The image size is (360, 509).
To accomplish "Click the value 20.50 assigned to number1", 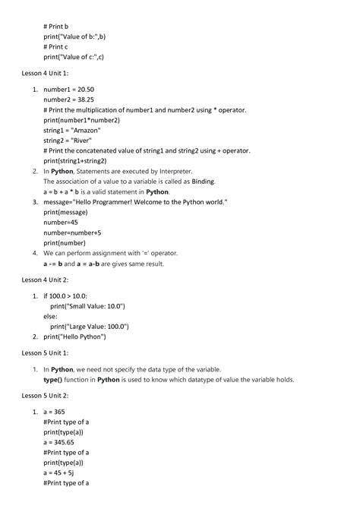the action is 91,89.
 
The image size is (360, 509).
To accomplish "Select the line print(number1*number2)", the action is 81,120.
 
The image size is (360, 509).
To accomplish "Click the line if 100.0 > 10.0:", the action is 65,296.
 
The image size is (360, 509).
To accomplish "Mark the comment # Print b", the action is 56,26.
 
